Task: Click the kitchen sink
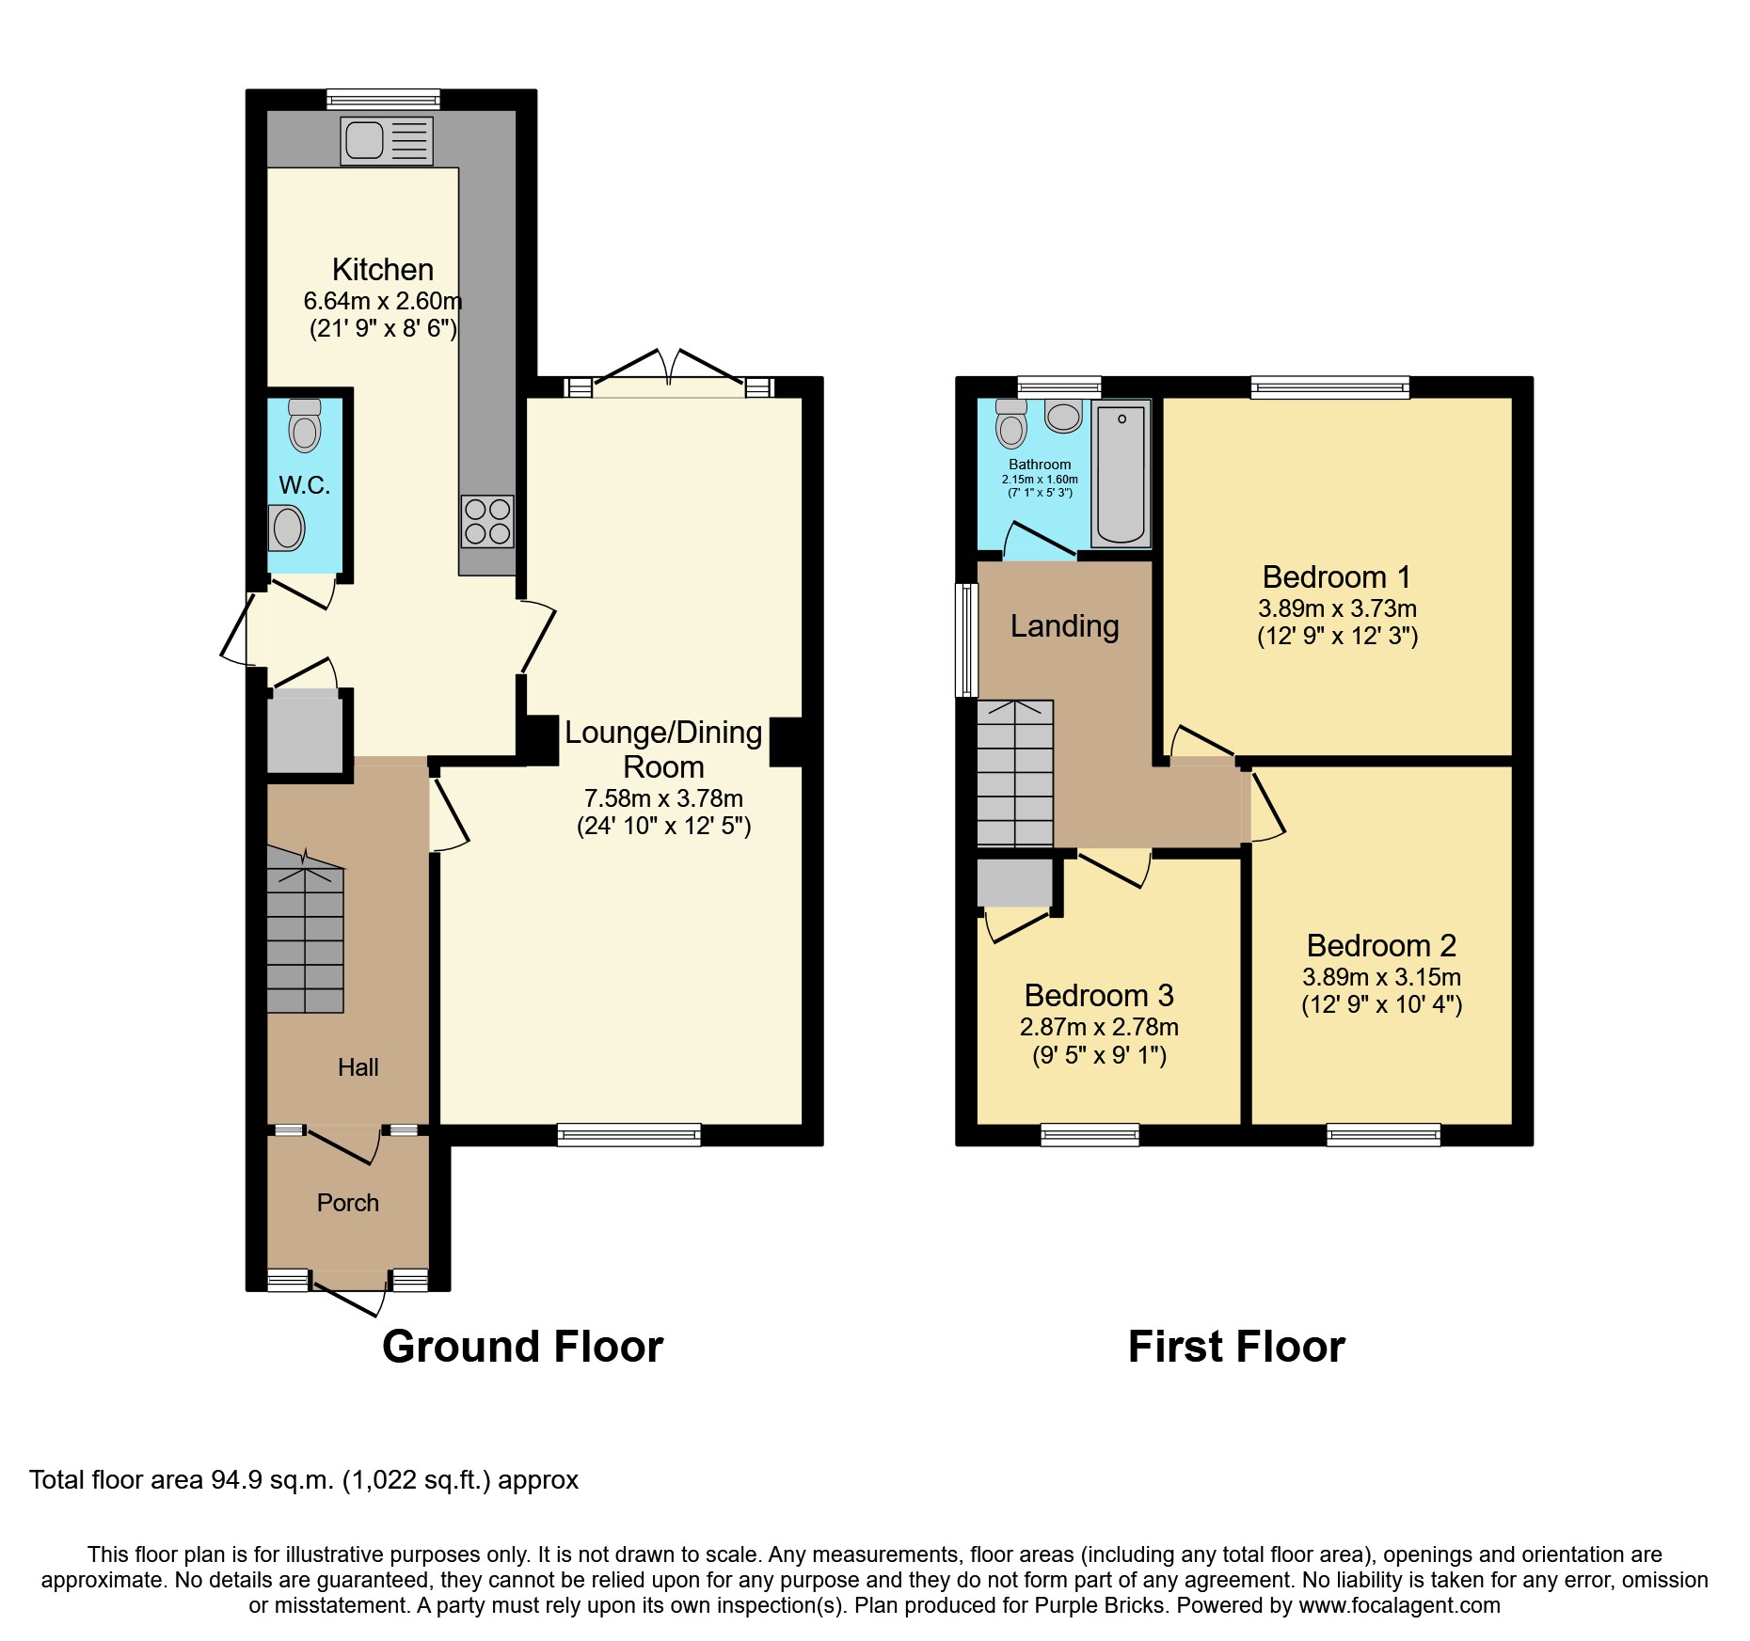(x=387, y=141)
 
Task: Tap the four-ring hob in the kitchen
(x=487, y=521)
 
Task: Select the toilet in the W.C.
(x=304, y=425)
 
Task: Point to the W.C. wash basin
(x=287, y=528)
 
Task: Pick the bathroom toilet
(x=1011, y=423)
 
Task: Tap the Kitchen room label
(x=383, y=270)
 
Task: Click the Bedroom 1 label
(x=1337, y=576)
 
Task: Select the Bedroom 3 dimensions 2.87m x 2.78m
(x=1099, y=1027)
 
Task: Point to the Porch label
(x=348, y=1203)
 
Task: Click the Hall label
(x=358, y=1067)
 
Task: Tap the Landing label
(x=1065, y=626)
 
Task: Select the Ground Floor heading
(x=523, y=1347)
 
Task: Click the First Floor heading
(x=1236, y=1347)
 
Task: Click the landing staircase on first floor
(x=1015, y=773)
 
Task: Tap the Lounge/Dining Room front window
(x=629, y=1135)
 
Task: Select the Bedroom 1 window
(x=1330, y=387)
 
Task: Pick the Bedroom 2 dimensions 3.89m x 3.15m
(x=1382, y=977)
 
